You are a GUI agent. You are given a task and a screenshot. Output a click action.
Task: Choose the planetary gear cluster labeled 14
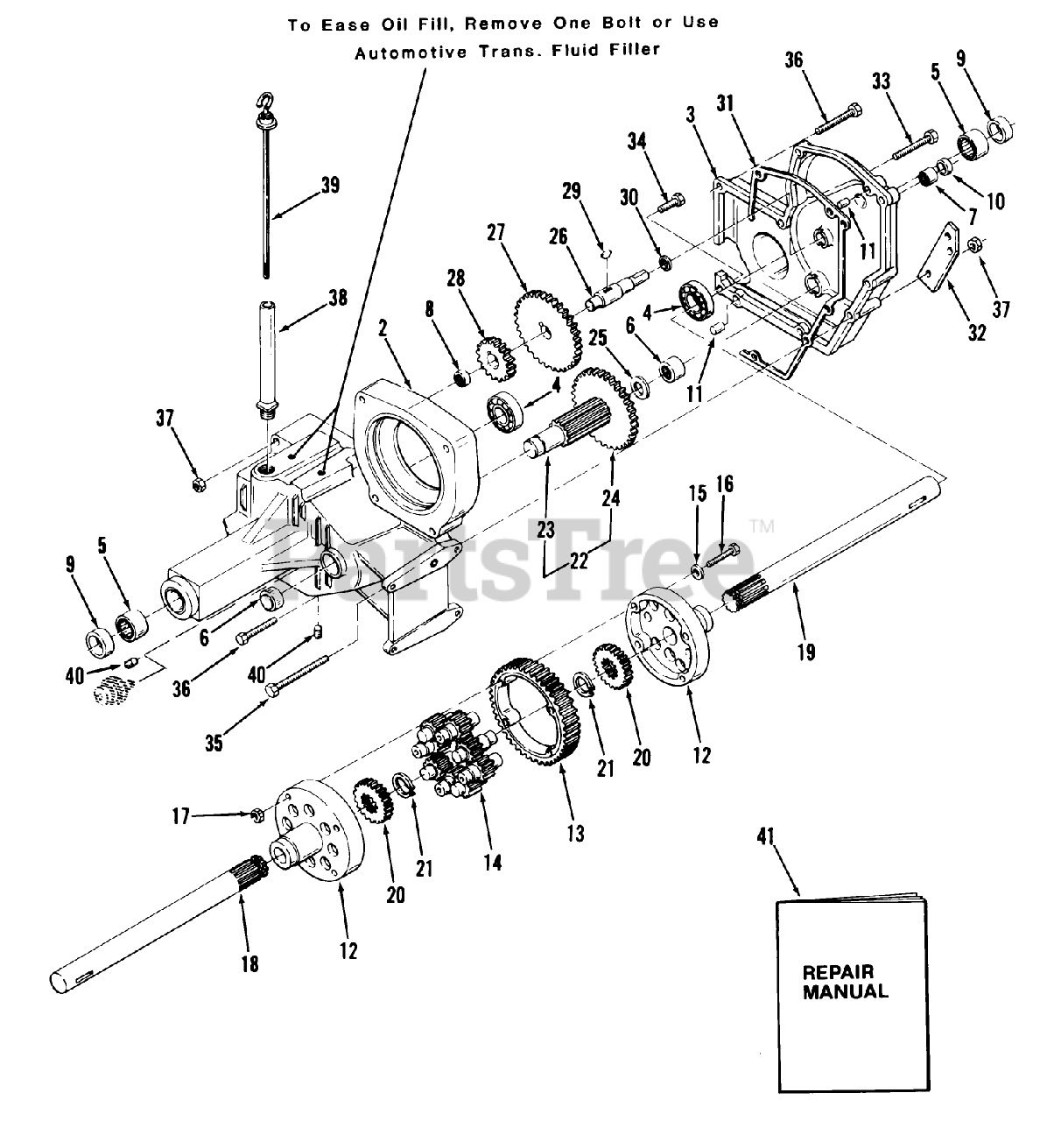click(454, 753)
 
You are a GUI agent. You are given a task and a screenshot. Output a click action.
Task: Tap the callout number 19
click(805, 651)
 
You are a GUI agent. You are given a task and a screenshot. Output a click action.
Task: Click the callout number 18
click(249, 963)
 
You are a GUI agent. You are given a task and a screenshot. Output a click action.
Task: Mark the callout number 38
click(336, 298)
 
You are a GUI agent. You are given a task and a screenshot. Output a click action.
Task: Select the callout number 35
click(214, 743)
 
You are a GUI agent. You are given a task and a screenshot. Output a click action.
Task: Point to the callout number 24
click(610, 498)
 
